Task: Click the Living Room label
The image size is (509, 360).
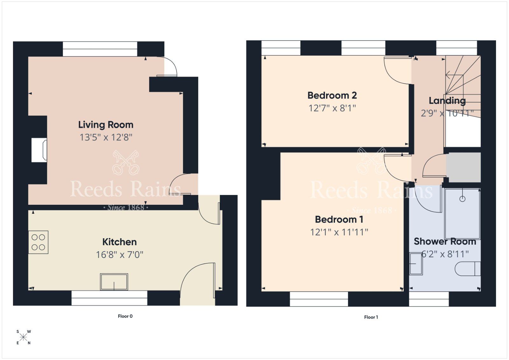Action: coord(106,125)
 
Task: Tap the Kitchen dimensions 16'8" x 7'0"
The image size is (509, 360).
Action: coord(120,255)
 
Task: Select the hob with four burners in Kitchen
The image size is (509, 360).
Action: coord(38,242)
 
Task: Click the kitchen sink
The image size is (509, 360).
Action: coord(114,282)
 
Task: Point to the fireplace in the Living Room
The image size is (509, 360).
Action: coord(39,150)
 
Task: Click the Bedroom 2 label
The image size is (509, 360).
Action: coord(332,95)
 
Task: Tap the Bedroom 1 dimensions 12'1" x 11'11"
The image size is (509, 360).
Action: coord(339,232)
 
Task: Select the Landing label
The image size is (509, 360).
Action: coord(447,101)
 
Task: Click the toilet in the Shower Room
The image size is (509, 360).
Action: coord(467,269)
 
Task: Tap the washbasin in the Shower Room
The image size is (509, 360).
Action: coord(415,263)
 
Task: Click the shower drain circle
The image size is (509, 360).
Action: coord(463,199)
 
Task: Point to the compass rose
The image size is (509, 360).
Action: coord(24,337)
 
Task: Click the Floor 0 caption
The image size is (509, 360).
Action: coord(125,316)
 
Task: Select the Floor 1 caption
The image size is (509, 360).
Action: coord(371,317)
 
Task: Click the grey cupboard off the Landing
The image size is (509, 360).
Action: coord(463,167)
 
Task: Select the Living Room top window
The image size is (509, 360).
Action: coord(100,49)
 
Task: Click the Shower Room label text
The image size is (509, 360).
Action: coord(445,242)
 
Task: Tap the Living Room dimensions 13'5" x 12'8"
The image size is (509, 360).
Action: coord(106,137)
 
